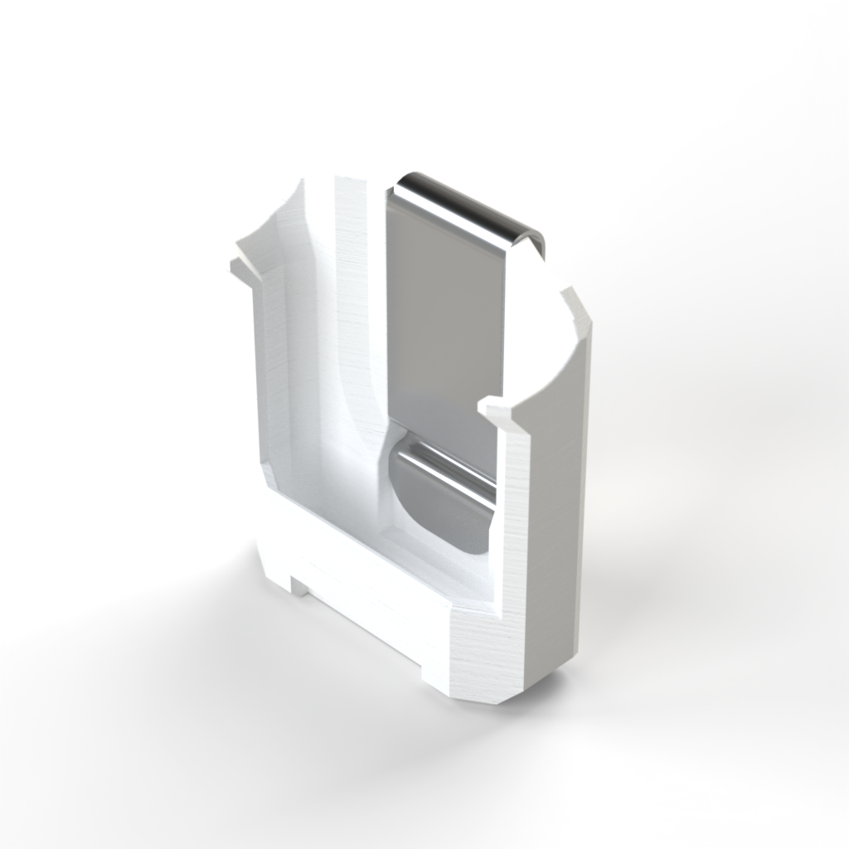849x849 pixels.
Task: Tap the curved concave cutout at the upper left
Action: (278, 224)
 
